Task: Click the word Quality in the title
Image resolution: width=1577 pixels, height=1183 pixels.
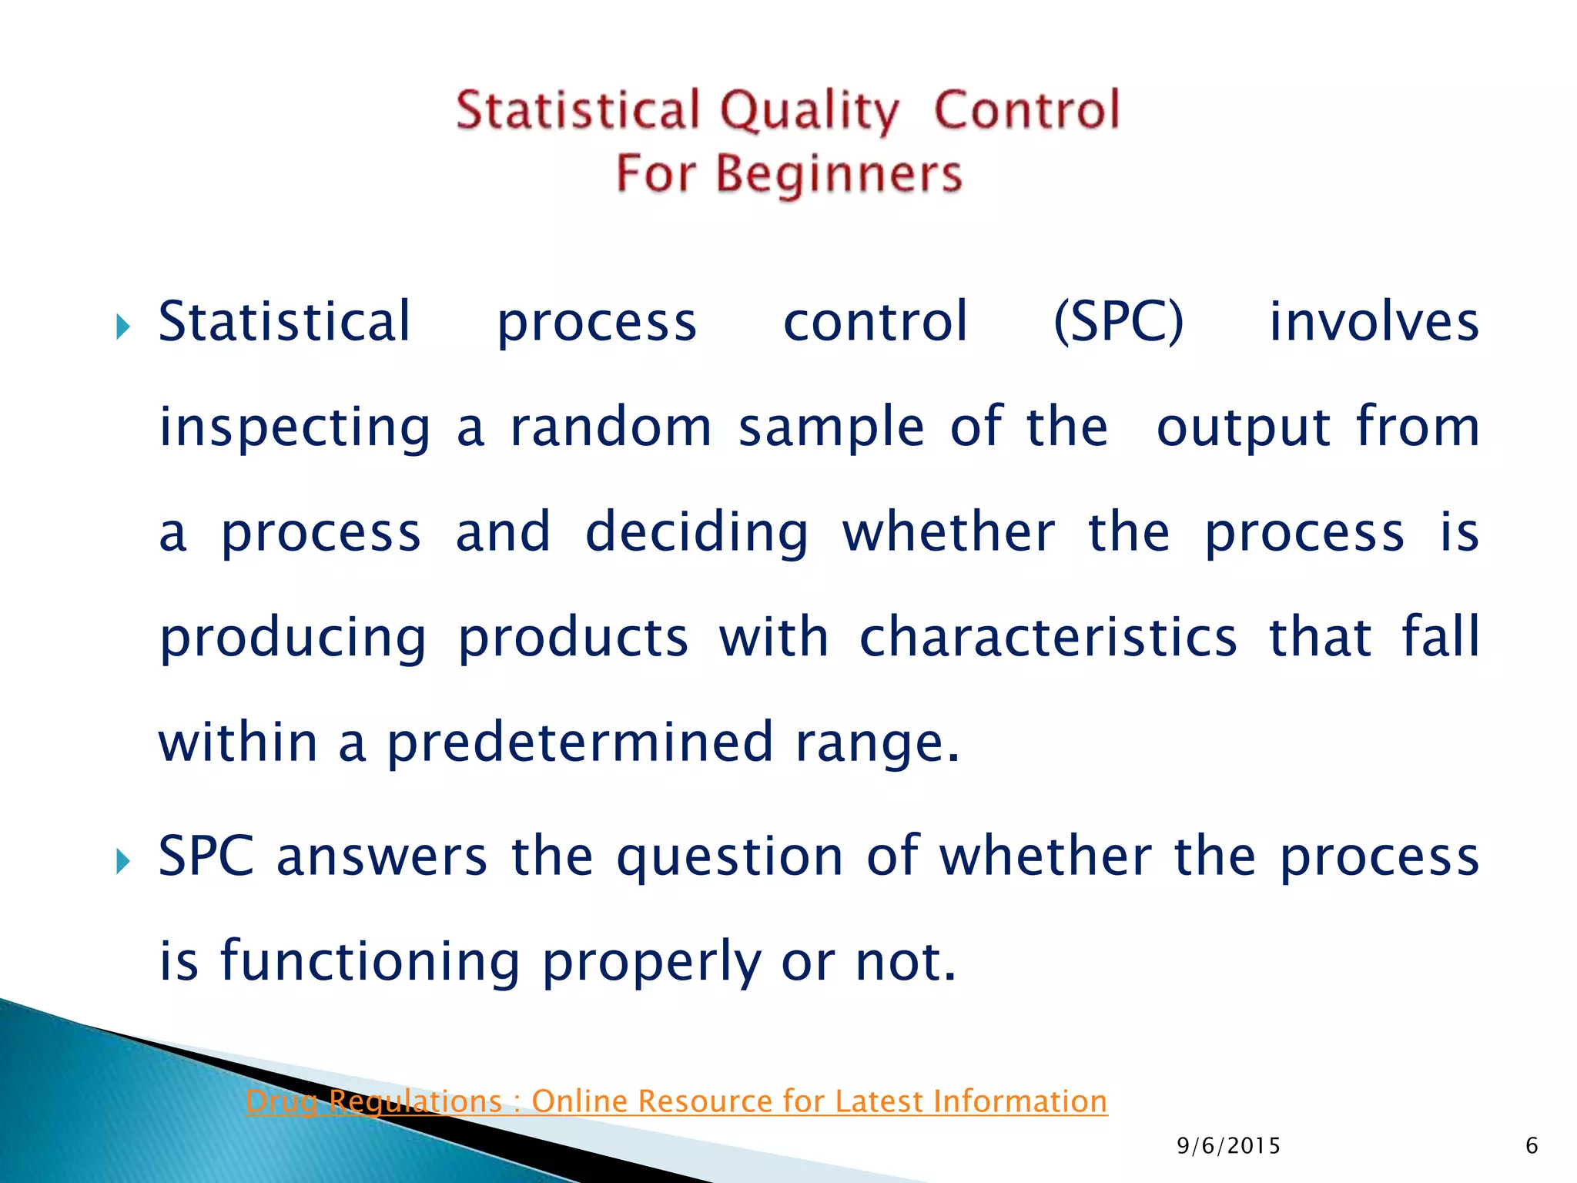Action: tap(809, 110)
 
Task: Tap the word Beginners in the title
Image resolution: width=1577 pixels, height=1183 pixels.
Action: tap(839, 173)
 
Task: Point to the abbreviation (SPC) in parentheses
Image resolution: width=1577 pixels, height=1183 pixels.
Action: tap(1118, 322)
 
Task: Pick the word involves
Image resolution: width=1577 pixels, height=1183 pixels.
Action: tap(1374, 322)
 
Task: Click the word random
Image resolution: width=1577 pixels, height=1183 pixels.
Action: tap(611, 427)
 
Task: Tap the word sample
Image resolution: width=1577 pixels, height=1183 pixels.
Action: tap(831, 428)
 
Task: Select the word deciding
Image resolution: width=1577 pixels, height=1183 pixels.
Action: tap(697, 533)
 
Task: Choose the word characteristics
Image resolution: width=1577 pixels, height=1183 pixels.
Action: tap(1048, 637)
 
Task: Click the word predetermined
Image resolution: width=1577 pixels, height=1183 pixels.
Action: tap(579, 743)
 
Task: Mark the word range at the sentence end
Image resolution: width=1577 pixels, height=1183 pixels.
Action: tap(876, 743)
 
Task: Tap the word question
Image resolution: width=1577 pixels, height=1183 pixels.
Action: tap(729, 857)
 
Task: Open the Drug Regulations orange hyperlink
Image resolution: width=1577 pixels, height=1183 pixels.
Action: tap(676, 1101)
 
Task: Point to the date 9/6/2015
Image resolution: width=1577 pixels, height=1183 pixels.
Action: tap(1228, 1146)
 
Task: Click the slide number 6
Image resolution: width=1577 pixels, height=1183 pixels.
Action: tap(1531, 1146)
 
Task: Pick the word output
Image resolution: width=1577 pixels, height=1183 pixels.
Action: tap(1243, 428)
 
